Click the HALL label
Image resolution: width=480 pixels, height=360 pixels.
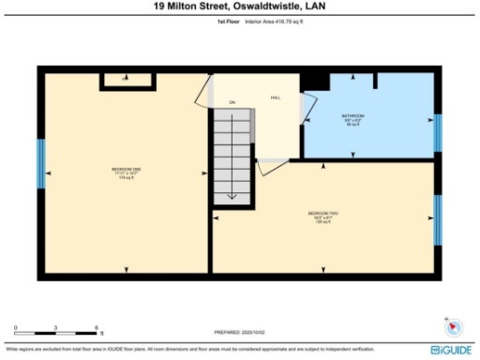pyautogui.click(x=276, y=97)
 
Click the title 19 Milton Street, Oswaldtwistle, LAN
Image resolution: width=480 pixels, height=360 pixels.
pyautogui.click(x=239, y=6)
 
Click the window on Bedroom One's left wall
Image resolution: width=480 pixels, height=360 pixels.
pyautogui.click(x=40, y=164)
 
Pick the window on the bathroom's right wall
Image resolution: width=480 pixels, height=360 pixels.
pyautogui.click(x=437, y=133)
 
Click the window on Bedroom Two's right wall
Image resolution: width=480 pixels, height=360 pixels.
pyautogui.click(x=437, y=220)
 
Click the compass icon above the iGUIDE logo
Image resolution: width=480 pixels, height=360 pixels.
pyautogui.click(x=455, y=327)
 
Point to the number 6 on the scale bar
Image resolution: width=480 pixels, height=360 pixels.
pyautogui.click(x=97, y=328)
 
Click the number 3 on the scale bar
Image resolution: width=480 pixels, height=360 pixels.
pyautogui.click(x=56, y=328)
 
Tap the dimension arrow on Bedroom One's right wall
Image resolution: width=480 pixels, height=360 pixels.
pyautogui.click(x=204, y=172)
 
